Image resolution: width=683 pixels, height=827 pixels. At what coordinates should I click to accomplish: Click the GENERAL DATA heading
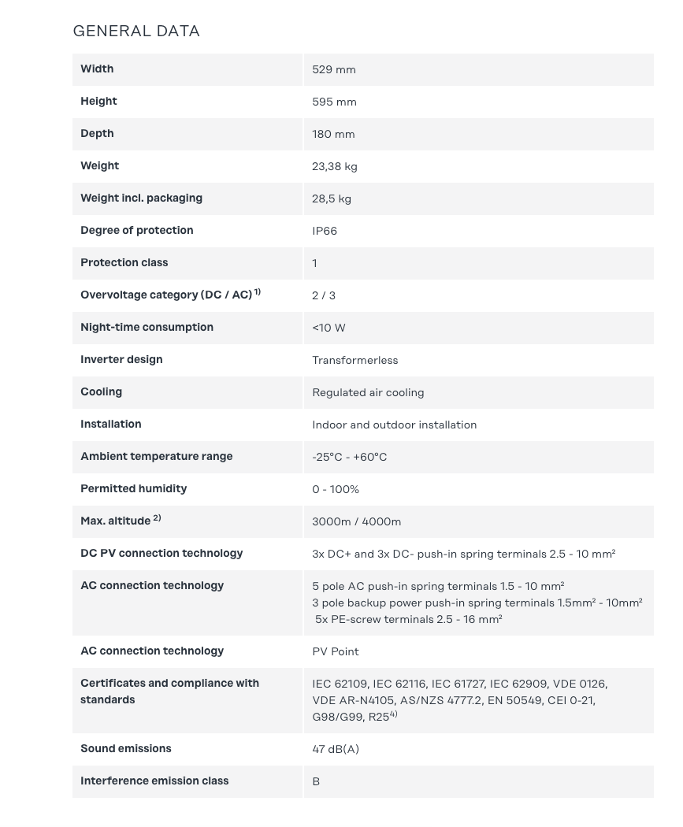(136, 32)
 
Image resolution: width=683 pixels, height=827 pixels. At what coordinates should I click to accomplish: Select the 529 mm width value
(334, 70)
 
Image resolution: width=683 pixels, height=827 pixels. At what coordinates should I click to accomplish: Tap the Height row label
(98, 102)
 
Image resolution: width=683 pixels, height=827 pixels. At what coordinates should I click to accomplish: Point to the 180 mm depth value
(333, 135)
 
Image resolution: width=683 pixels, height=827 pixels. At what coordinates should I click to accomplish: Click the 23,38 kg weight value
(335, 167)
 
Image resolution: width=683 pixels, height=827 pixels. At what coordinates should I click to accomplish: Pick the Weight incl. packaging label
(141, 198)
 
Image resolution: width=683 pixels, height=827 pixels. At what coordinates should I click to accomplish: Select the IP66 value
(325, 232)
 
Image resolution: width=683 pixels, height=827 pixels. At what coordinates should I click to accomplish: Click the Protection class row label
(124, 263)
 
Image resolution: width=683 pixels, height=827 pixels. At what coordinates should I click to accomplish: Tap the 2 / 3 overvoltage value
(324, 296)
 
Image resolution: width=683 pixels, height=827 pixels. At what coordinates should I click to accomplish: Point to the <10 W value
(329, 328)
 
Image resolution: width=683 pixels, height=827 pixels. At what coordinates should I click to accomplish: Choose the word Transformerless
(355, 361)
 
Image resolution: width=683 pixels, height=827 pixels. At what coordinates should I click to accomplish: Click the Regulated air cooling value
(368, 393)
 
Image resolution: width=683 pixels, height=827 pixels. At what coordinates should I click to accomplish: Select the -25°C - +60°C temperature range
(349, 458)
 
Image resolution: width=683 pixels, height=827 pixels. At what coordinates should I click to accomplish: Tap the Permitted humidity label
(133, 489)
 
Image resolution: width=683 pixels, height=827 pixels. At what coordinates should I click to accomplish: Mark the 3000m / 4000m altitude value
(356, 522)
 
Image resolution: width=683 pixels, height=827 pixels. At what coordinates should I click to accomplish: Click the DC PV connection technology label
(161, 554)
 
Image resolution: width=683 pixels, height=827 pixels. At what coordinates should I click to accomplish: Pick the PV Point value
(336, 652)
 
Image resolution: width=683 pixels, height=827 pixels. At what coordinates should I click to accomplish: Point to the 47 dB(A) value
(336, 750)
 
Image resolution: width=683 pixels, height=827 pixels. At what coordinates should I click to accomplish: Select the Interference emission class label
(154, 781)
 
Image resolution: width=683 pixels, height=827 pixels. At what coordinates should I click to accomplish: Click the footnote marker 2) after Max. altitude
(158, 518)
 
